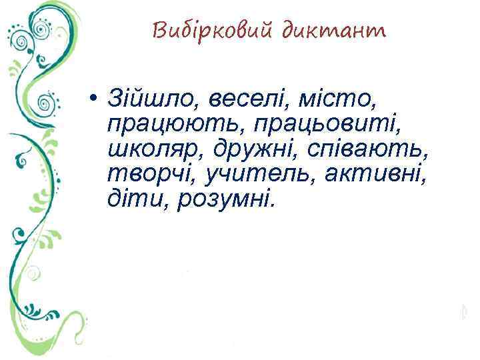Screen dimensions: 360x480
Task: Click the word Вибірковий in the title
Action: coord(213,31)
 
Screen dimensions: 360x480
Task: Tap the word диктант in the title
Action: coord(334,31)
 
